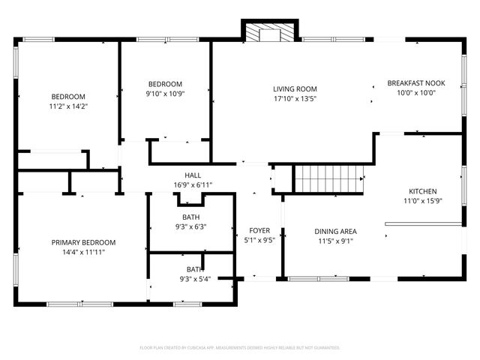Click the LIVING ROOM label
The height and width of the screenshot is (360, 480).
(x=295, y=88)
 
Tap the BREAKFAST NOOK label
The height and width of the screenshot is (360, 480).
(x=412, y=82)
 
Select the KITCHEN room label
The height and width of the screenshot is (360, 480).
(x=422, y=191)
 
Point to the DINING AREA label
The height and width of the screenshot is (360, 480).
(x=335, y=231)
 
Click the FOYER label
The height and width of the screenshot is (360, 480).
(x=259, y=231)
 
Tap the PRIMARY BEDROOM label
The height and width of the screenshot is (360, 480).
(x=83, y=242)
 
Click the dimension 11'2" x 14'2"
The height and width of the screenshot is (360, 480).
(x=68, y=106)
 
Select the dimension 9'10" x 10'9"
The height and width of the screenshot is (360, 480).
(x=166, y=94)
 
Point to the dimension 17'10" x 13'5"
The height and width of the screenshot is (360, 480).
(x=295, y=98)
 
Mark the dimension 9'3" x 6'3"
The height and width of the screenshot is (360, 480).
(x=190, y=226)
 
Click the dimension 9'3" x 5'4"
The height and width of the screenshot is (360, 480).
(x=194, y=279)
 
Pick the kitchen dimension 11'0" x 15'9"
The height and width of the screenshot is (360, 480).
(x=422, y=201)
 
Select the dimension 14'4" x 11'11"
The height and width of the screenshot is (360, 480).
(x=83, y=252)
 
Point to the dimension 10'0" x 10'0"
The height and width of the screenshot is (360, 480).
(x=412, y=92)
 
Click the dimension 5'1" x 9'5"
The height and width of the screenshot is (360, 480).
(x=259, y=241)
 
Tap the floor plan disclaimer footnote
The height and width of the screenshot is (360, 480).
(x=240, y=348)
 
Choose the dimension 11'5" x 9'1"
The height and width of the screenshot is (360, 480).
(x=335, y=241)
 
